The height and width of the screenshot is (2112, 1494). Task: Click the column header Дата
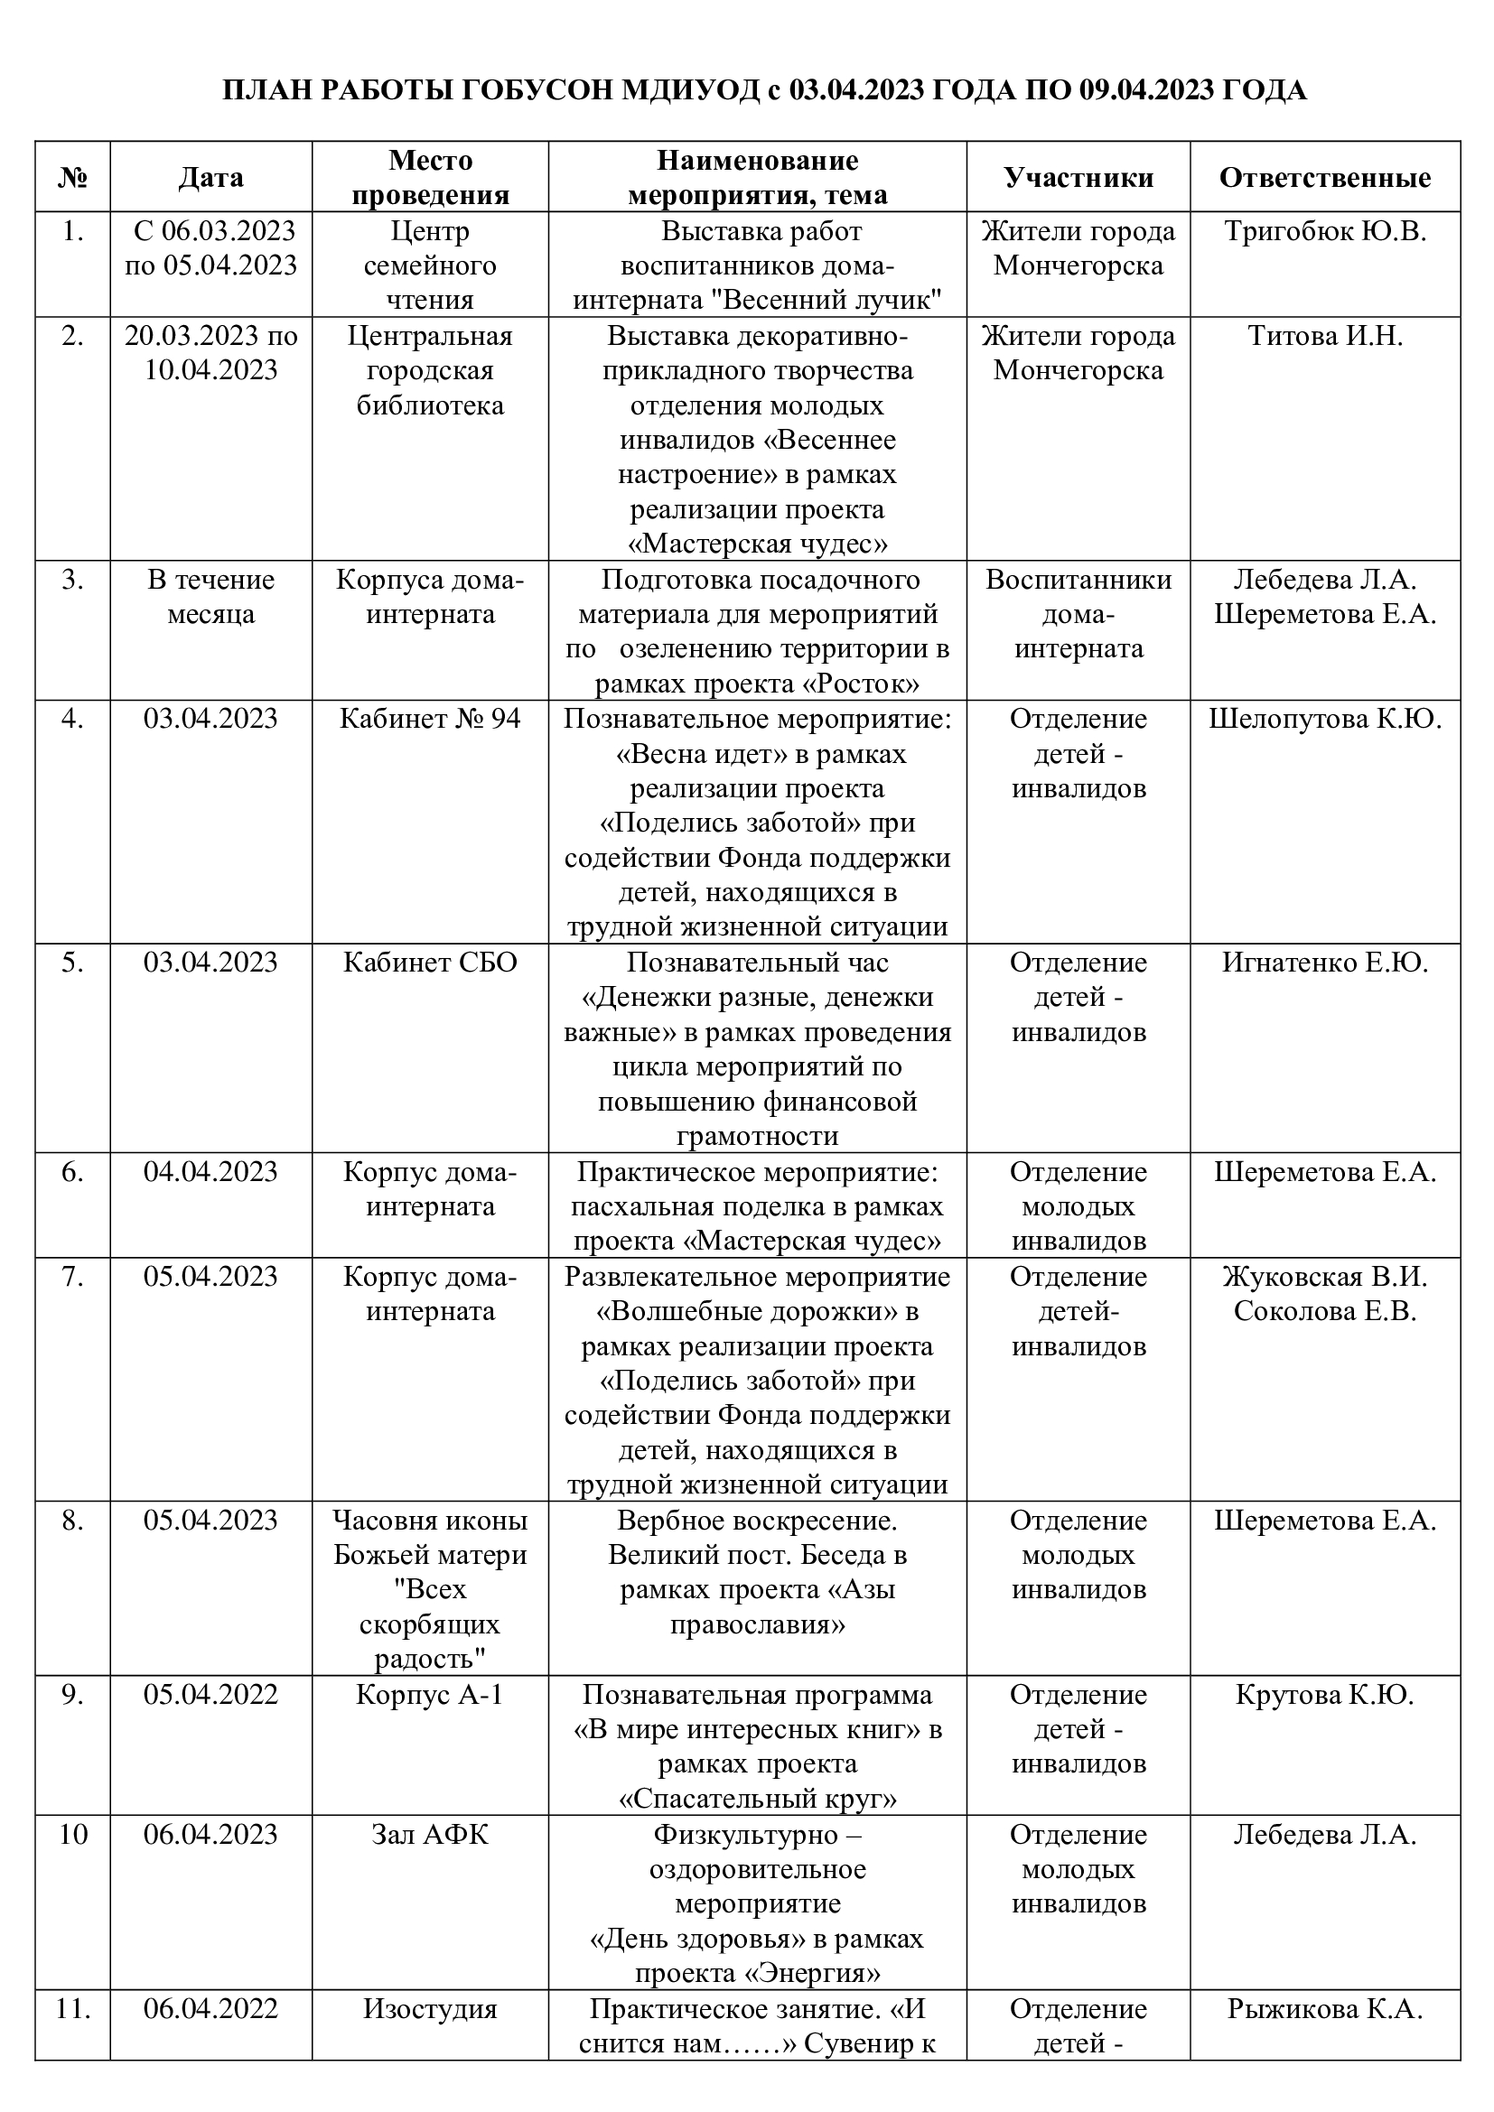click(210, 177)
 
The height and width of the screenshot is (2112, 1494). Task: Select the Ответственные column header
click(1325, 177)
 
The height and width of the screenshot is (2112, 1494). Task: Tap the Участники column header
click(1078, 177)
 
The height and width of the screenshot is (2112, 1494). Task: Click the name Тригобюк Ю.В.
click(1325, 231)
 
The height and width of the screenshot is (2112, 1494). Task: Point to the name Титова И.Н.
click(1325, 336)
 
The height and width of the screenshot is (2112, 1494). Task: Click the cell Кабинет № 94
click(430, 719)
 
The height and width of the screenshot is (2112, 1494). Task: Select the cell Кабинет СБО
click(430, 963)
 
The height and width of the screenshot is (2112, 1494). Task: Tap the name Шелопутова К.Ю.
click(1325, 719)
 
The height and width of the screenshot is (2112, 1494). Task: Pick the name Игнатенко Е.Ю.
click(1325, 963)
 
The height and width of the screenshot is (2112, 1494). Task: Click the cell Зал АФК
click(430, 1834)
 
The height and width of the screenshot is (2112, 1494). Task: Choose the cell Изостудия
click(430, 2009)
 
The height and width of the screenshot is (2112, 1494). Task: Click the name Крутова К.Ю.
click(1325, 1694)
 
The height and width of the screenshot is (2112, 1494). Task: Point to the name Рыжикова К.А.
click(1325, 2009)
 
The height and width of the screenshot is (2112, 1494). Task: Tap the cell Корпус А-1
click(430, 1694)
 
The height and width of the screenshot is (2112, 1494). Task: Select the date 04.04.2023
click(210, 1172)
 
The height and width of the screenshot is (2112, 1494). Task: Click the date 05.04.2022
click(210, 1694)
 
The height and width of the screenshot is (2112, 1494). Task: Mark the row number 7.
click(72, 1277)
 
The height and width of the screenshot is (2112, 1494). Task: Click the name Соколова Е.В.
click(1325, 1311)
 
